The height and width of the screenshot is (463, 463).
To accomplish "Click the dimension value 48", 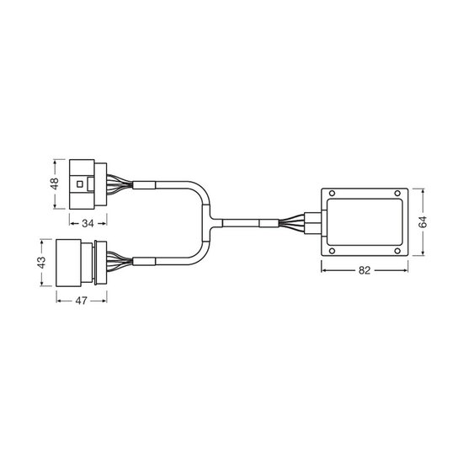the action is point(55,184).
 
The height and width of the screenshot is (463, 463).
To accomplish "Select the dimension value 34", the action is point(88,224).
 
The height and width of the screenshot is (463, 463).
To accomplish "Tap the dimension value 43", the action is point(42,263).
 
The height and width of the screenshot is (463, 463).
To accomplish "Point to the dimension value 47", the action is point(81,301).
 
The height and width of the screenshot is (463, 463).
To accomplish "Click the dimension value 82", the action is point(365,270).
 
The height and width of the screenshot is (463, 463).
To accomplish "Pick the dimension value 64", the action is point(423,221).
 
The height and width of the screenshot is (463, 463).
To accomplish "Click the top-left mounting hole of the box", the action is point(332,194).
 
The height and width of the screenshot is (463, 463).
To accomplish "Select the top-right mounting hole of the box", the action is point(397,194).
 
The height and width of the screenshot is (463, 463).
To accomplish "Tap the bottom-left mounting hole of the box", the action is point(332,251).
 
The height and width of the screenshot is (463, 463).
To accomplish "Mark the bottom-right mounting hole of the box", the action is point(397,251).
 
